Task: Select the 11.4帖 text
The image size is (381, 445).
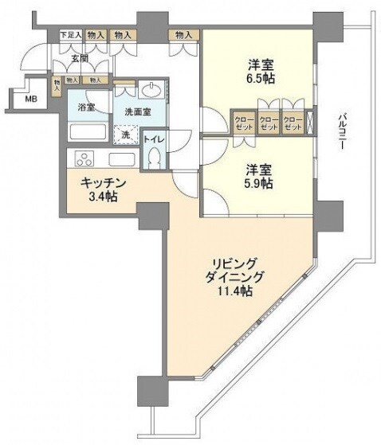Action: tap(235, 292)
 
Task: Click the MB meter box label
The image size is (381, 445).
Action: tap(30, 99)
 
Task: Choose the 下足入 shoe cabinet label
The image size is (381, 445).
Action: tap(70, 36)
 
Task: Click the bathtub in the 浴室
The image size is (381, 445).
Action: tap(88, 131)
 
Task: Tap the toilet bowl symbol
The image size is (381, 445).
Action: tap(153, 157)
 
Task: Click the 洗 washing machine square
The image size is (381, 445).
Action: tap(125, 135)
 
